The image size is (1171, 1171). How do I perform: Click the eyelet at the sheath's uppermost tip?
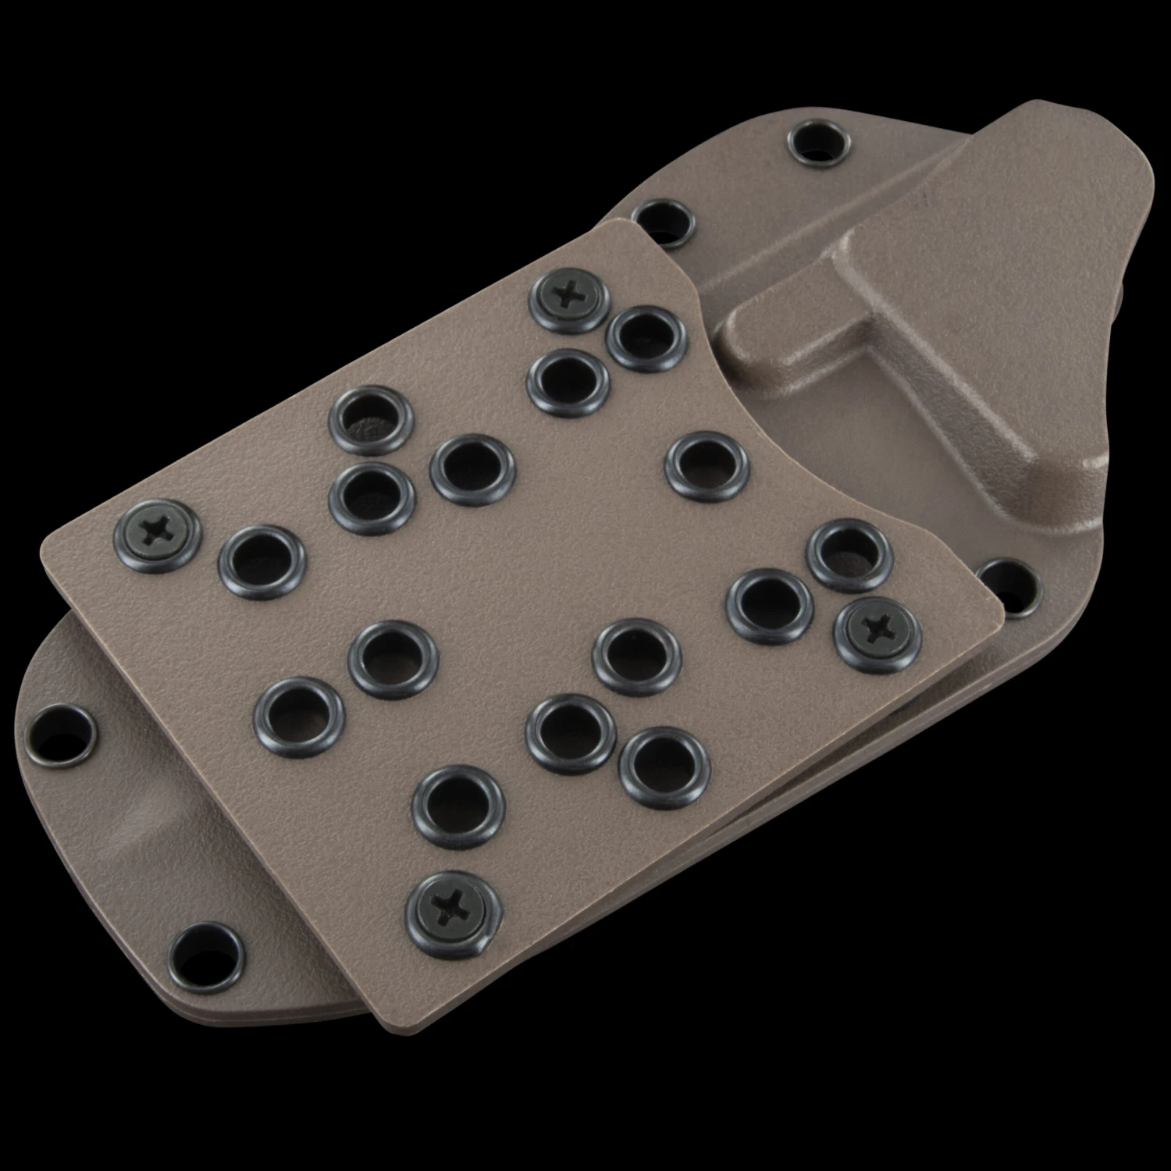pos(819,143)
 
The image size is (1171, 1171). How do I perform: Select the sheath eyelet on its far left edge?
pos(59,735)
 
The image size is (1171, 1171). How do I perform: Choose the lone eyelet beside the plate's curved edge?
pos(707,467)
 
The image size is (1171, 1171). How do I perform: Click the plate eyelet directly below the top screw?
pos(568,381)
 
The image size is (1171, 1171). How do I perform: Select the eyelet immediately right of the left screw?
pos(262,561)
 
